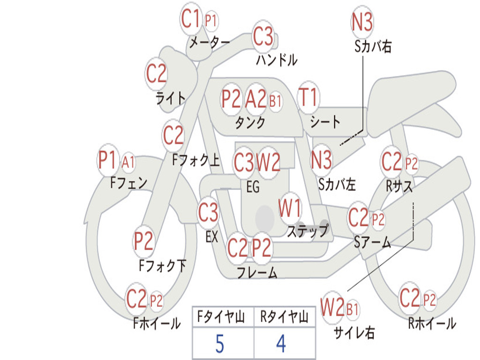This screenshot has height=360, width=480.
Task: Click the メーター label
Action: pos(209,43)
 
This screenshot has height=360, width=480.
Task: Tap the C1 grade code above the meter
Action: pos(191,20)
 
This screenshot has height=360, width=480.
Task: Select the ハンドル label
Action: pos(277,60)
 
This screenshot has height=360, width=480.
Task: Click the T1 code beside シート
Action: pos(308,97)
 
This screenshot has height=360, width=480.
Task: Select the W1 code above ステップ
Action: pos(290,208)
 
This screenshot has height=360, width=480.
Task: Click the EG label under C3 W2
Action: pos(253,187)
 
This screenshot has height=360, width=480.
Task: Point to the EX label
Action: pos(212,237)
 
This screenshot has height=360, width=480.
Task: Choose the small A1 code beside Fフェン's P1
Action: pos(128,163)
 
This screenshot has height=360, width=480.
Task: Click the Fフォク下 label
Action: pos(162,266)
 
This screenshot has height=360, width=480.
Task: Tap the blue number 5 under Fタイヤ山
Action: pos(219,344)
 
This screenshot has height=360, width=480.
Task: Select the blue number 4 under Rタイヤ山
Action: pos(281,344)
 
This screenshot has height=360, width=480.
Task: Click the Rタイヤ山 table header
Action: pos(284,318)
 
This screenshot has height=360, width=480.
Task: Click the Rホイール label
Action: pos(432,323)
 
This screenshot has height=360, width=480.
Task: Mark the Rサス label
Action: pos(399,186)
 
